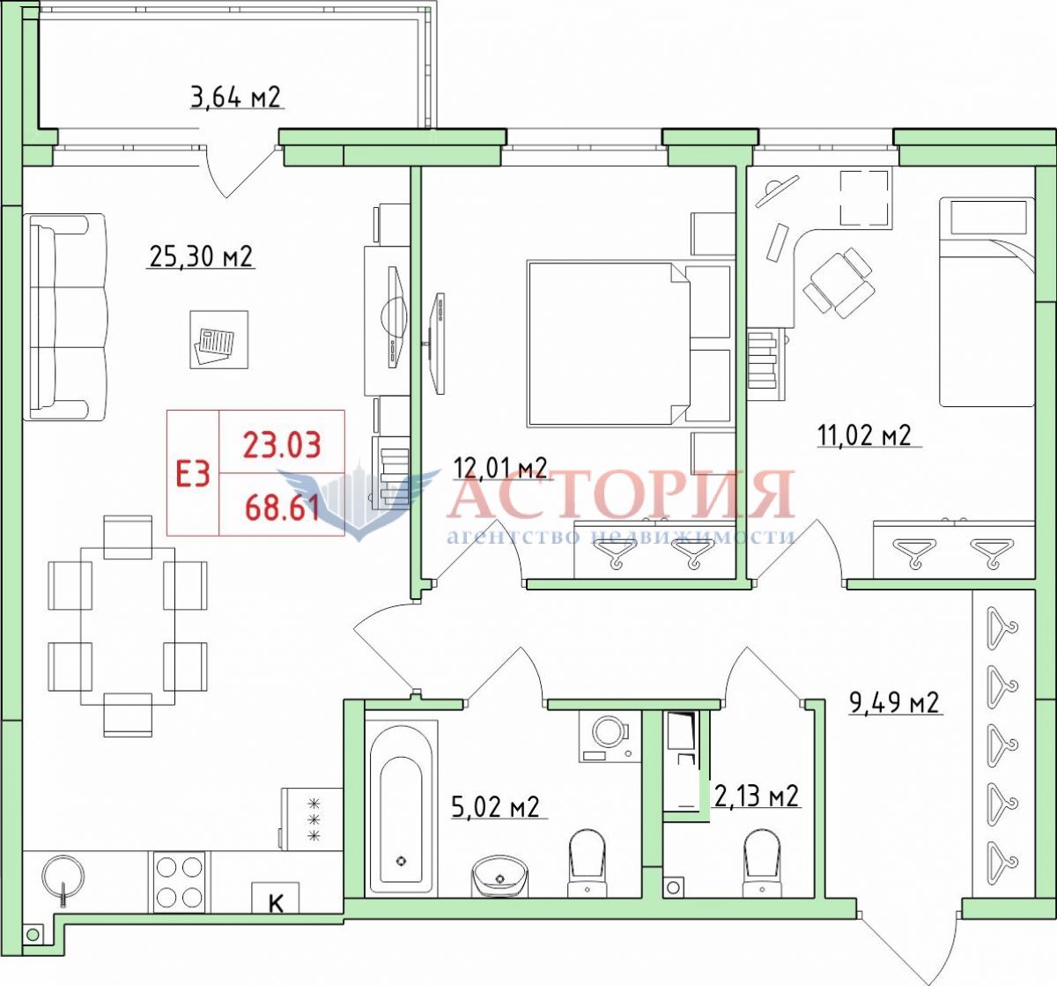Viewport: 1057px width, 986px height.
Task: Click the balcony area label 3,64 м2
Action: tap(235, 98)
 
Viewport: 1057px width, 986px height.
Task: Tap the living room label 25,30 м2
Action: tap(201, 256)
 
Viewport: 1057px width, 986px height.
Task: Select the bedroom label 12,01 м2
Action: tap(500, 468)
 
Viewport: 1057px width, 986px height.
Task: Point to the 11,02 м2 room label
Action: tap(864, 434)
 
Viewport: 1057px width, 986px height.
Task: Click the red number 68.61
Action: tap(282, 508)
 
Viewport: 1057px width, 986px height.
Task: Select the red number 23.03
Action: tap(282, 445)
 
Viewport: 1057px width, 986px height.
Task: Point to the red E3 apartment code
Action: tap(193, 474)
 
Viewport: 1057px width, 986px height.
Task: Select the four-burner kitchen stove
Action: tap(180, 882)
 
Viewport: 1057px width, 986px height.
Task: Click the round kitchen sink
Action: tap(63, 877)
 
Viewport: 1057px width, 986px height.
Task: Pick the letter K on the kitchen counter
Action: tap(276, 903)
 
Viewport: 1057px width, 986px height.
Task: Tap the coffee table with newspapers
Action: tap(219, 340)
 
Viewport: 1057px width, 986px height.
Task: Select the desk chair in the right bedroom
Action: tap(839, 283)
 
